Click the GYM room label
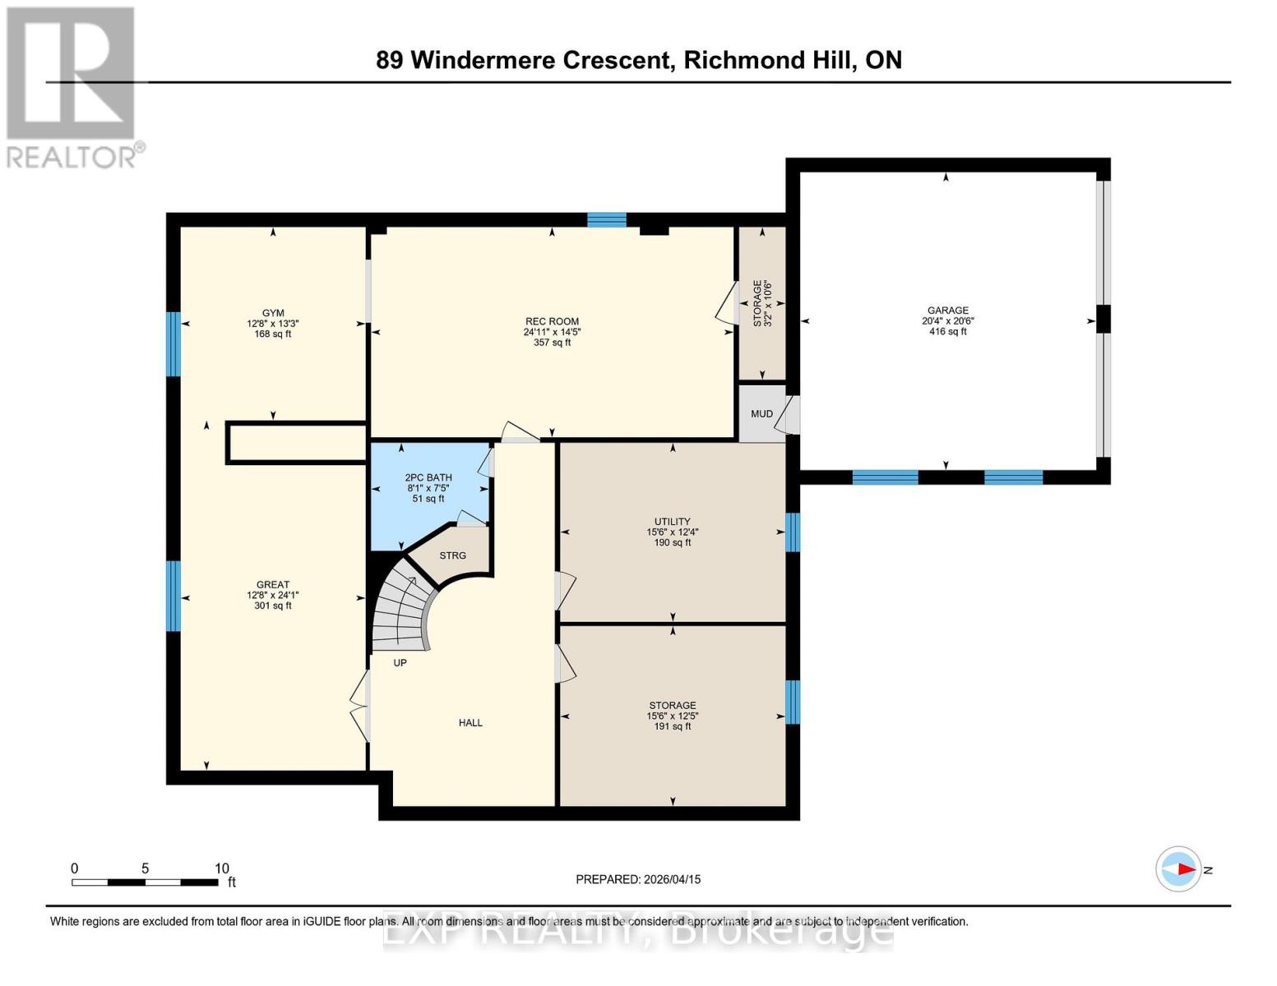coord(273,313)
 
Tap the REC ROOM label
coord(552,321)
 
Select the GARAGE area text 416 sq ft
coord(947,332)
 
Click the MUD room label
coord(761,414)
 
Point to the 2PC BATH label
coord(428,477)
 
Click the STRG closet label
coord(452,555)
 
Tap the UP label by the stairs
coord(400,662)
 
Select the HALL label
coord(470,723)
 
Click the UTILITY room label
coord(672,522)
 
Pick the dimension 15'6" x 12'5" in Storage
coord(672,716)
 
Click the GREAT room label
coord(273,585)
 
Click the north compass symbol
coord(1179,869)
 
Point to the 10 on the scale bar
coord(221,869)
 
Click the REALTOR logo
coord(72,86)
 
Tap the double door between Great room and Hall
coord(360,707)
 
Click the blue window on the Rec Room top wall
coord(607,219)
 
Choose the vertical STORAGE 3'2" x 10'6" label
coord(762,302)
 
